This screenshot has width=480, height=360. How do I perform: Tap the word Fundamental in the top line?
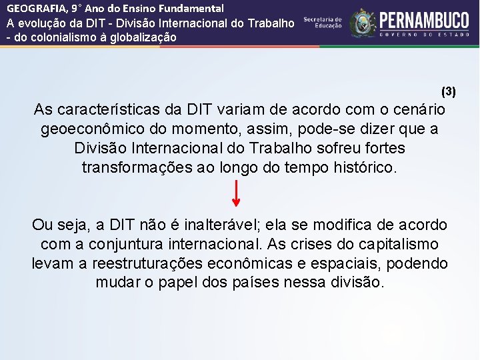(192, 9)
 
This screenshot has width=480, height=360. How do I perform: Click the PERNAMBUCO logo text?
(424, 20)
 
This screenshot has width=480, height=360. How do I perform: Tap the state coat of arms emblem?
(363, 23)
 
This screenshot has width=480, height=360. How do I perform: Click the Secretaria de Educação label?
(323, 23)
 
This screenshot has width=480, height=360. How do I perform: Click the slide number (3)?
(449, 90)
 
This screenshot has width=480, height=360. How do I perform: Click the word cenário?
(419, 109)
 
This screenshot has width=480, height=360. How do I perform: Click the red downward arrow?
(236, 195)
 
